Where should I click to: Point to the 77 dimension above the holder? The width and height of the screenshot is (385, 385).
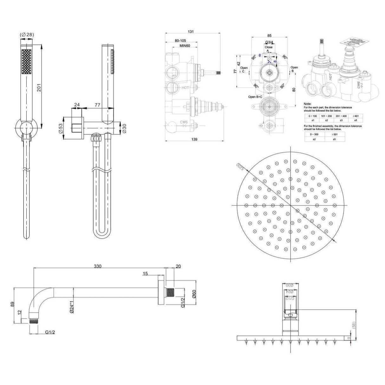97,104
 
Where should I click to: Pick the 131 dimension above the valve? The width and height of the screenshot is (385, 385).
191,32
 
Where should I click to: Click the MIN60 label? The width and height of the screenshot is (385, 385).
185,46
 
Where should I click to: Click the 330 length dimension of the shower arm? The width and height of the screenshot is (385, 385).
97,266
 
